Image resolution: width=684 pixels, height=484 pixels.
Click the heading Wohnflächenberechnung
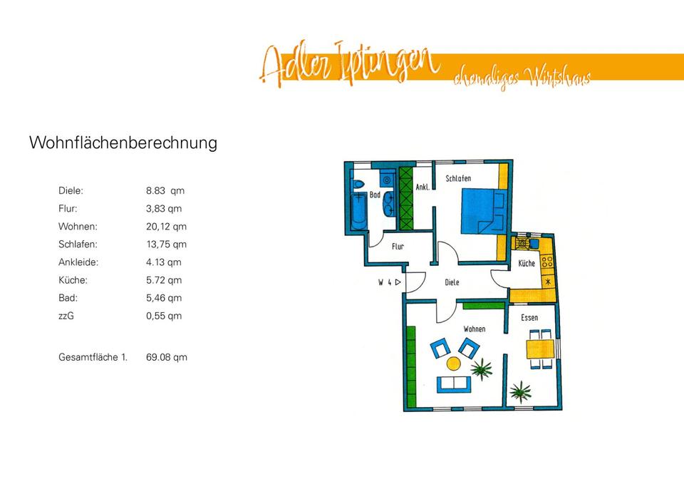tap(123, 143)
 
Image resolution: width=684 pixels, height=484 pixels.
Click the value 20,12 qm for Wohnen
tap(166, 227)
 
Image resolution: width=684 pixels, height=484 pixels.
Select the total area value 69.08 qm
tap(166, 357)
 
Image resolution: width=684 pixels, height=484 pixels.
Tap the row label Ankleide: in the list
tap(78, 262)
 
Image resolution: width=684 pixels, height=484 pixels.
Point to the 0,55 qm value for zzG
tap(164, 316)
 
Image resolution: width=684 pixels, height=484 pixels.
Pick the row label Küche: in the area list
tap(73, 280)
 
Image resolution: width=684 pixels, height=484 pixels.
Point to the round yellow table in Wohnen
tap(453, 364)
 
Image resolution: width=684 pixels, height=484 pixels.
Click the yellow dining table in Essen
tap(540, 349)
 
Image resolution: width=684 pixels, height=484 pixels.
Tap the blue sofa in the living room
tap(453, 384)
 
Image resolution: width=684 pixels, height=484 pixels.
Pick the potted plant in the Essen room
tap(522, 390)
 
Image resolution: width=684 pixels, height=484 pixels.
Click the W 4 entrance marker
tap(389, 282)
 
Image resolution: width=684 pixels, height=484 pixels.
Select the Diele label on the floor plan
tap(452, 282)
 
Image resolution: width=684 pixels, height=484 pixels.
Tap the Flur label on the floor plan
tap(398, 247)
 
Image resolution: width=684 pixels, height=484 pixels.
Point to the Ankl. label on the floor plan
tap(421, 187)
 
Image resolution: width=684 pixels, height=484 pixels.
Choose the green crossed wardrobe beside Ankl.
tap(406, 198)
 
